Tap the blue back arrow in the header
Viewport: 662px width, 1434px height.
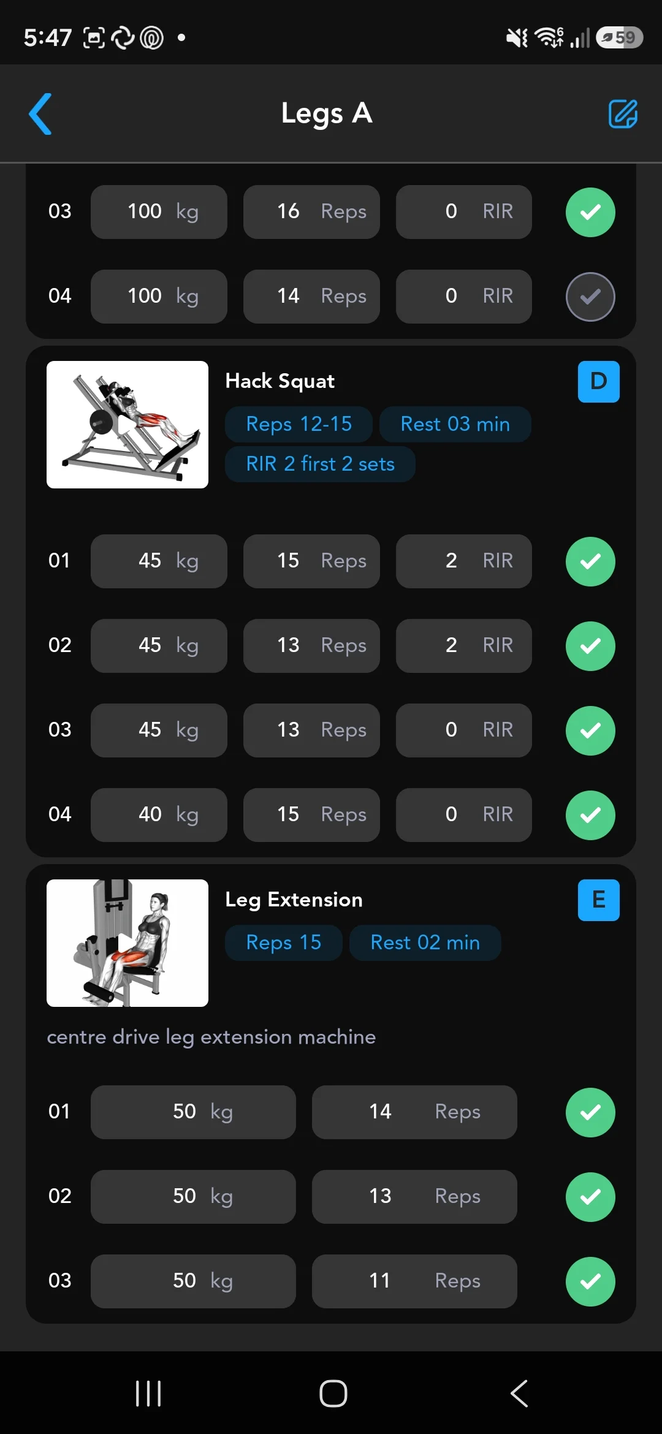tap(40, 114)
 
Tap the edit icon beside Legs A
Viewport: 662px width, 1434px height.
tap(623, 114)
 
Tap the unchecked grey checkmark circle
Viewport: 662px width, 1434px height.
tap(590, 297)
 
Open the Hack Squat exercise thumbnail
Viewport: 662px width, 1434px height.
tap(127, 425)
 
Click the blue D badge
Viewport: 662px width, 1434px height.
tap(599, 382)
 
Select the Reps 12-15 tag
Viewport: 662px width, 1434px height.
tap(299, 424)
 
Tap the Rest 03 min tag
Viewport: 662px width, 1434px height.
tap(455, 424)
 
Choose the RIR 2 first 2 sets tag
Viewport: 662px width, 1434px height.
tap(320, 464)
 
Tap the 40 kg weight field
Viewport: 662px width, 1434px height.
tap(159, 815)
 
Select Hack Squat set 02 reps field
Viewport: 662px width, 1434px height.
tap(311, 646)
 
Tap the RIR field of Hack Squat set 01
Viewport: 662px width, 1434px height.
tap(464, 561)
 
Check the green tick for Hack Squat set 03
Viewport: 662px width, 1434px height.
tap(590, 730)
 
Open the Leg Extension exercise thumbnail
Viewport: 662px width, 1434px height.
tap(127, 943)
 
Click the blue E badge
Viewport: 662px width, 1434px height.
tap(599, 900)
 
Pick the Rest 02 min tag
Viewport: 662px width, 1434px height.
tap(425, 943)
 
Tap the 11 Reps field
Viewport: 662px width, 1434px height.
tap(414, 1281)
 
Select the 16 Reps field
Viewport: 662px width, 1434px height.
tap(311, 212)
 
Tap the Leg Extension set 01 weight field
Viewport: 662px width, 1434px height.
tap(193, 1112)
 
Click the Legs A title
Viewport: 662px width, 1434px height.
tap(327, 114)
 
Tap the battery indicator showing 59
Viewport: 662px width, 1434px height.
tap(619, 37)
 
